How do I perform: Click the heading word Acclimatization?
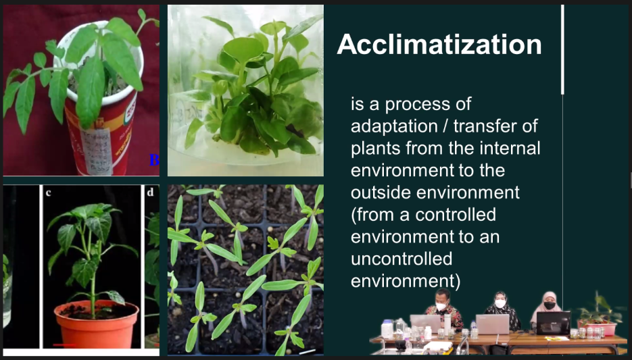coord(439,45)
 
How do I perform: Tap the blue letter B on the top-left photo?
coord(154,160)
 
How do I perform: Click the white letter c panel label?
coord(49,193)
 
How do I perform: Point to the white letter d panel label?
coord(150,192)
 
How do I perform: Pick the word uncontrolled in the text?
coord(402,259)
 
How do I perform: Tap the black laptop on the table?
coord(553,323)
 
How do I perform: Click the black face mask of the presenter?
coord(550,305)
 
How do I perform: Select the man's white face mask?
coord(442,307)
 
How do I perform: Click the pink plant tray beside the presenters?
coord(598,328)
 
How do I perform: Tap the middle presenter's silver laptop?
coord(493,324)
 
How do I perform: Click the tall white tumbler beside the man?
coord(447,324)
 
